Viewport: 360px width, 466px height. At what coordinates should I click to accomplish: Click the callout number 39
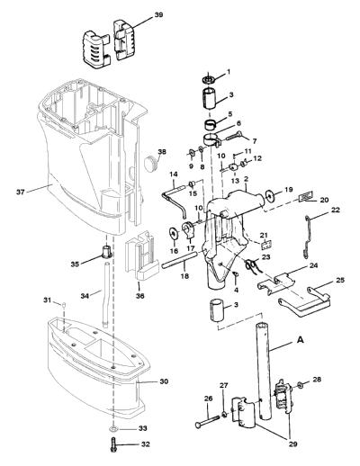[158, 14]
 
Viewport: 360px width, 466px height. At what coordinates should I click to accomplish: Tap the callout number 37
[21, 192]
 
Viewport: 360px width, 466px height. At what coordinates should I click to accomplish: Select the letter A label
[300, 340]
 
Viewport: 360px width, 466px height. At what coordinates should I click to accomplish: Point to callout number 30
[164, 381]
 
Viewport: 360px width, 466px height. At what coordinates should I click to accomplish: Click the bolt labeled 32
[113, 445]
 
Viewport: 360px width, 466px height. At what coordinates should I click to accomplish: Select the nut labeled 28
[300, 385]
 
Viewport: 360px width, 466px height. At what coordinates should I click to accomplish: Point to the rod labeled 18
[180, 260]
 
